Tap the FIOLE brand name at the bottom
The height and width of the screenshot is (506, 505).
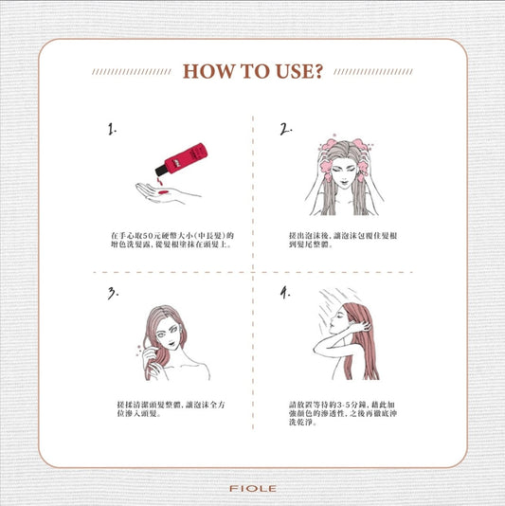tap(253, 489)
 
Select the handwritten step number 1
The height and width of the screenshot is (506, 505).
tap(112, 129)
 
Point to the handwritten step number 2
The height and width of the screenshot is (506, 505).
tap(285, 129)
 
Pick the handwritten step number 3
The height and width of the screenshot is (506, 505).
tap(113, 294)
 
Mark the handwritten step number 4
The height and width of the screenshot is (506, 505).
tap(285, 293)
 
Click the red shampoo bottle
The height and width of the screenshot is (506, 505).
tap(181, 159)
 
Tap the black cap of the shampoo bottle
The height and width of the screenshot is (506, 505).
tap(161, 170)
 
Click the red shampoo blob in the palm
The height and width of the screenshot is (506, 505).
tap(163, 192)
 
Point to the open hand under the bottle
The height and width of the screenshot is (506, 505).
tap(166, 193)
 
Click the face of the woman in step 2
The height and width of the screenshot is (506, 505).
tap(344, 172)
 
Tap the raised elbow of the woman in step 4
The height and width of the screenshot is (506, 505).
tap(316, 349)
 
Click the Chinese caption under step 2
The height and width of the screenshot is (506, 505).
tap(343, 240)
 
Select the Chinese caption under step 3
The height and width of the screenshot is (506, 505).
tap(171, 408)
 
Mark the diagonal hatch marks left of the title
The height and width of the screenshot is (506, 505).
tap(132, 72)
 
